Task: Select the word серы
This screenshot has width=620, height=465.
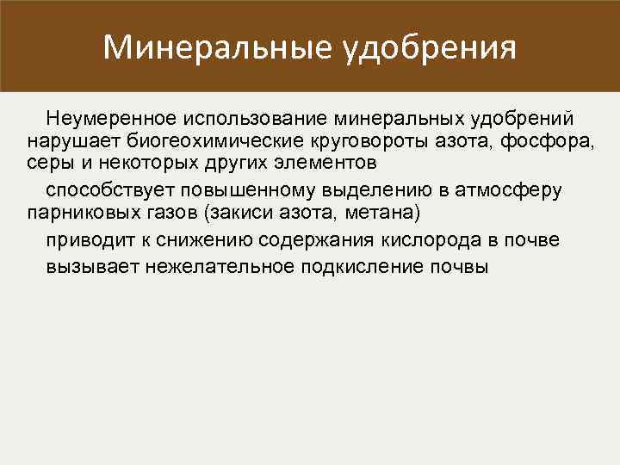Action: (x=47, y=164)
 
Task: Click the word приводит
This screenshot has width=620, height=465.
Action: (x=87, y=239)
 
